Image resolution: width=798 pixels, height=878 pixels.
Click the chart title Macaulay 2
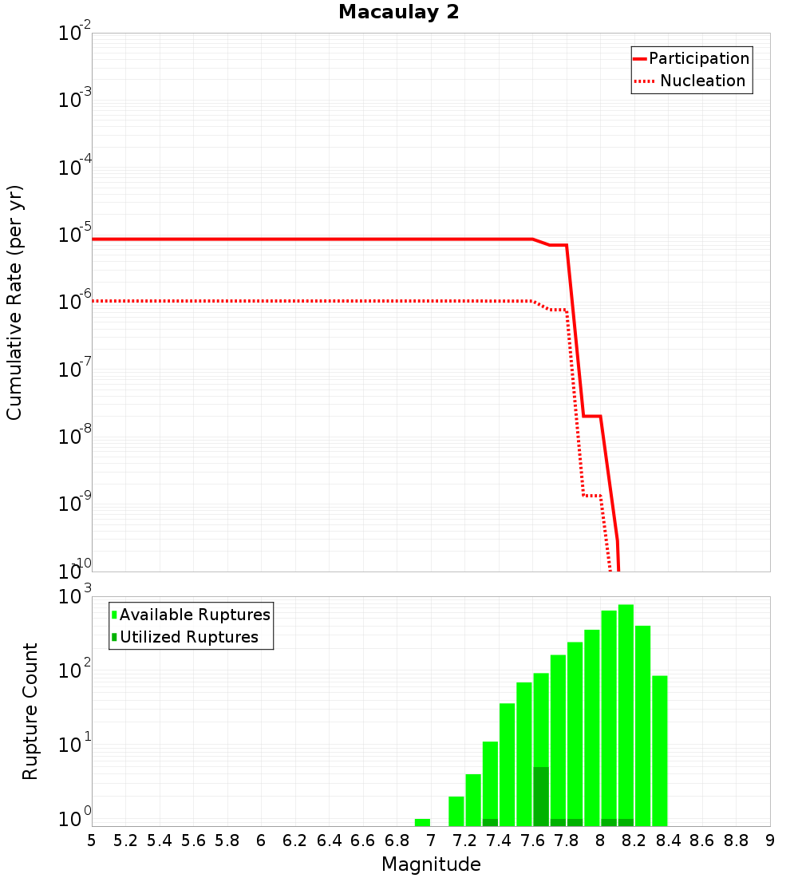pos(398,12)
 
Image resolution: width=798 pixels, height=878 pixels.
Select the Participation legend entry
pos(698,59)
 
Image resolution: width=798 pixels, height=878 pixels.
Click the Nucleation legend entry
pos(701,81)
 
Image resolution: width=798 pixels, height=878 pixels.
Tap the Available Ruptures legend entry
pos(194,615)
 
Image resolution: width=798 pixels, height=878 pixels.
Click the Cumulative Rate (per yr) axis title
pos(14,303)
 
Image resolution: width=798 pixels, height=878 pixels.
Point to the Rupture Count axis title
pos(30,710)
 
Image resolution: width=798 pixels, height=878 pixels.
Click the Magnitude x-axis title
pos(431,864)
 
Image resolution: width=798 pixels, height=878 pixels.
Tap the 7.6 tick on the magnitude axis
pos(532,840)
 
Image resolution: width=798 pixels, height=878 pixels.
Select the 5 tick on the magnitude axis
pos(92,840)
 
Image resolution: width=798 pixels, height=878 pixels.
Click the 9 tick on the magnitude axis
pos(770,840)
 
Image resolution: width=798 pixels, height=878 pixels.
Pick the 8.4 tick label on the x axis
pos(668,840)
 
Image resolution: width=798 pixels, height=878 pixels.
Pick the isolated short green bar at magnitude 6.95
pos(422,822)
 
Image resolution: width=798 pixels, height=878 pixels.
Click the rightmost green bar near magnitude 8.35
pos(659,750)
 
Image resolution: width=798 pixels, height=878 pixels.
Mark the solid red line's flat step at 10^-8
pos(591,416)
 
